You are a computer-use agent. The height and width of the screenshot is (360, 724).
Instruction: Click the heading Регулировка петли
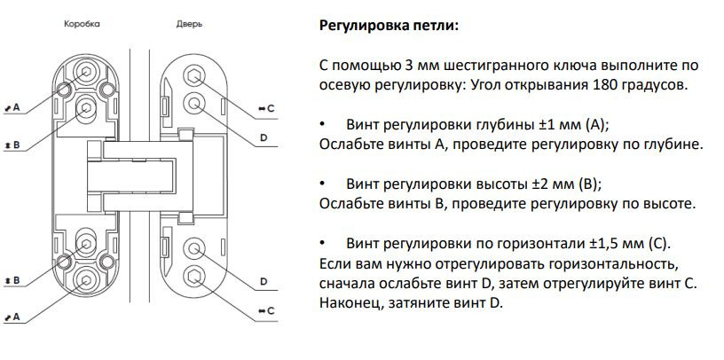(389, 24)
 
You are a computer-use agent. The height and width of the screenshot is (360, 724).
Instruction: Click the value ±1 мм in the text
(554, 123)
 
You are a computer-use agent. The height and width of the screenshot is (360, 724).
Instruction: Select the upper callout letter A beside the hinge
(17, 106)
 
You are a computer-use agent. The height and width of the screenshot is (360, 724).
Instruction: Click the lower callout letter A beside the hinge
(17, 316)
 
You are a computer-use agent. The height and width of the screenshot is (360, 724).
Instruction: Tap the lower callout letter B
(17, 280)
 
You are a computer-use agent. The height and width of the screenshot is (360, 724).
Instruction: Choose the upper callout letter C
(271, 107)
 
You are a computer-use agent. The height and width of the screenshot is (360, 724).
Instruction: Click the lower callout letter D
(264, 281)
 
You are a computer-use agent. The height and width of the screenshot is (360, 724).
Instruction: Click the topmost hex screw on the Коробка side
(86, 71)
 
